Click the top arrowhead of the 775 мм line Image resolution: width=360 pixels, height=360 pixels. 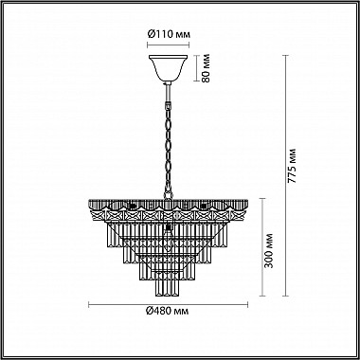(x=285, y=57)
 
